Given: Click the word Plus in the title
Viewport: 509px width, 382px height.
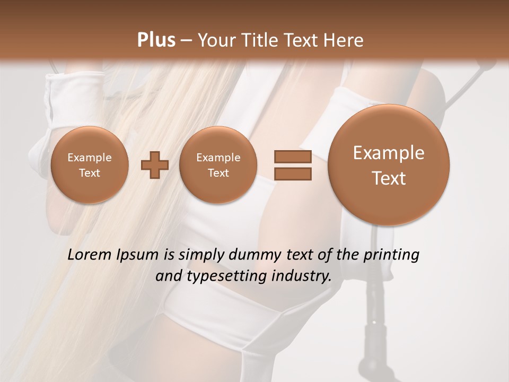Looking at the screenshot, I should [156, 40].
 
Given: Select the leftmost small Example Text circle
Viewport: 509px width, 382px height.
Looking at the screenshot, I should [89, 165].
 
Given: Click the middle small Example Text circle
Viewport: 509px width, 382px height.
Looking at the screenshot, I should [218, 165].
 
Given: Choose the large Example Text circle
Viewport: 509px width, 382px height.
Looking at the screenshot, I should [389, 165].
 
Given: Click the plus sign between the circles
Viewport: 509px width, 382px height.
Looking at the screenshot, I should [155, 165].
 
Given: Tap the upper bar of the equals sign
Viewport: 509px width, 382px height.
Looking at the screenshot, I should [293, 157].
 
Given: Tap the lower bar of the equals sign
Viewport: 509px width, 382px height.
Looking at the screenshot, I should [293, 173].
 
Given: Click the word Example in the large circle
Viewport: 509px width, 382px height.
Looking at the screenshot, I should [389, 153].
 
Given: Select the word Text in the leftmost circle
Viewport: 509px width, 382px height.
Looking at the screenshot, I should [89, 173].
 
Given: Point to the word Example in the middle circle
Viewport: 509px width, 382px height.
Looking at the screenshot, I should [218, 158].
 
